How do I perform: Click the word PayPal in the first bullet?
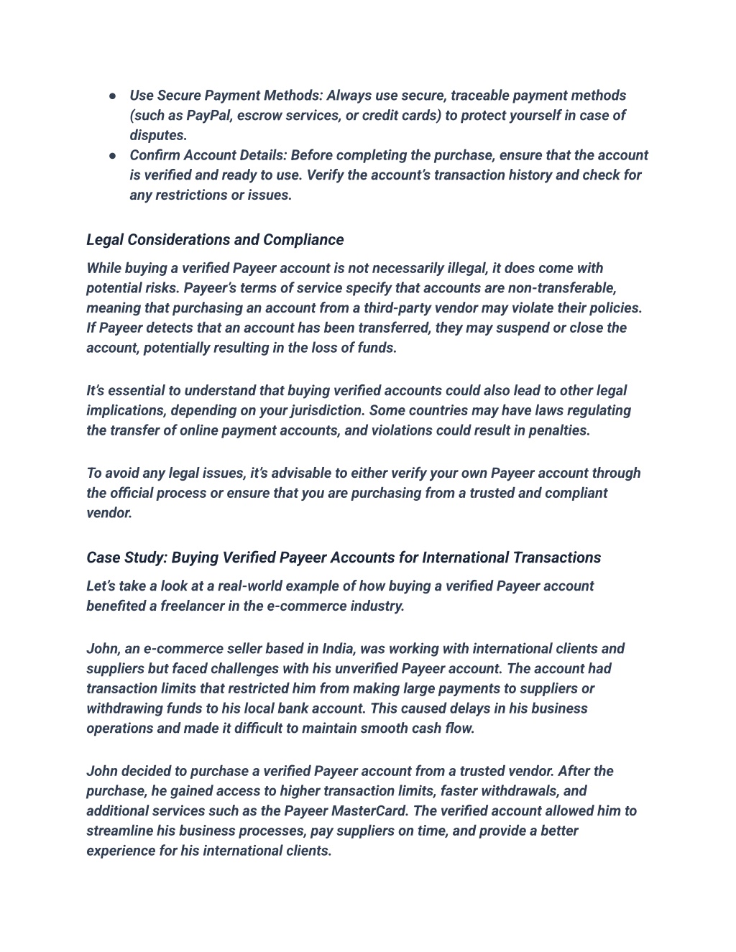[x=208, y=116]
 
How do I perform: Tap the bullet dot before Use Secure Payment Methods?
[x=114, y=96]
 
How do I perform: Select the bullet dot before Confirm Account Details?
[x=114, y=155]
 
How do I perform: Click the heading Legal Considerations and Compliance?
[x=215, y=239]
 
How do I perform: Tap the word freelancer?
[x=193, y=606]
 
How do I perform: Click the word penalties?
[x=558, y=431]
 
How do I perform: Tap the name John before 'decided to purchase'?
[x=102, y=772]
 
